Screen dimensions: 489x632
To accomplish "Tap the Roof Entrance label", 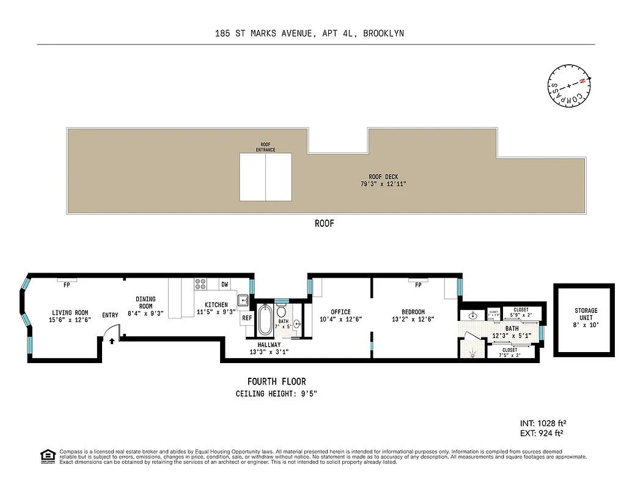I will [x=265, y=147].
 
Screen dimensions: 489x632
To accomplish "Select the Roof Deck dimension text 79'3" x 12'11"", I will [x=383, y=183].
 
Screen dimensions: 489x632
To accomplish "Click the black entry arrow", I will [x=111, y=340].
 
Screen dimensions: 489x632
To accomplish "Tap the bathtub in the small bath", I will [x=265, y=320].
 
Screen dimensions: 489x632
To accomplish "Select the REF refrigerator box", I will [x=247, y=318].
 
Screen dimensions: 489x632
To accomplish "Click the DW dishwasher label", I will [x=225, y=284].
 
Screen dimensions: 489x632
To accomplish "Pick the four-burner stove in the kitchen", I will [x=200, y=284].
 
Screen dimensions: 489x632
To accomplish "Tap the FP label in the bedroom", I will [x=418, y=285].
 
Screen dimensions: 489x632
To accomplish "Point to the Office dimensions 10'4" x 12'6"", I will [x=341, y=319].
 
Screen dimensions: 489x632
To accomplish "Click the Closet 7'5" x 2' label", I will [x=509, y=353].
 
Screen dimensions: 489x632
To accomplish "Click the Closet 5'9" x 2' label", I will [x=521, y=313].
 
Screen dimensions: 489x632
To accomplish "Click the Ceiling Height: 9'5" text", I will [x=276, y=394].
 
